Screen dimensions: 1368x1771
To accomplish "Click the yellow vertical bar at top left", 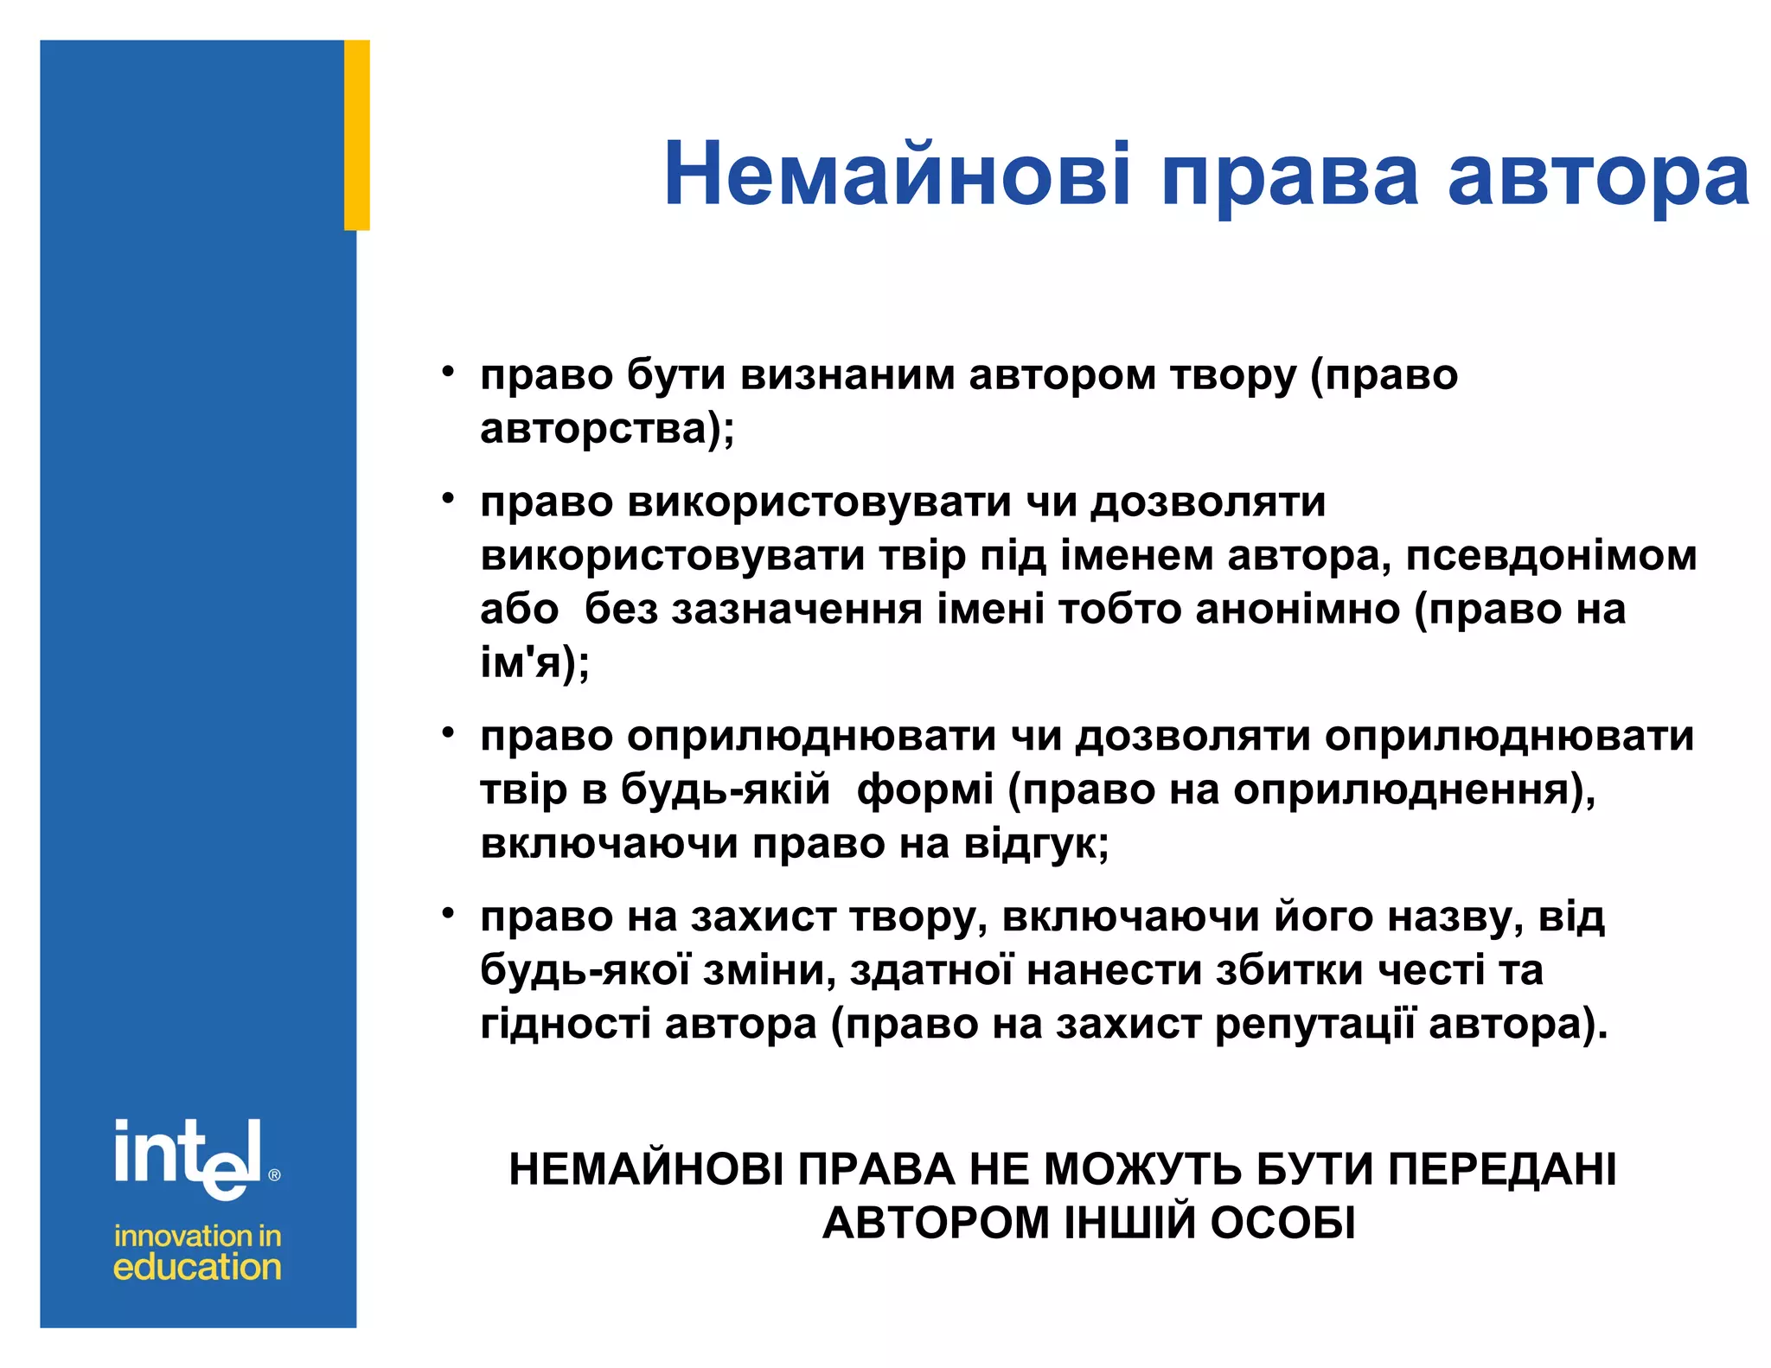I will (x=357, y=135).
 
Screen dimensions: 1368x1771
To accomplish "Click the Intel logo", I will (x=189, y=1159).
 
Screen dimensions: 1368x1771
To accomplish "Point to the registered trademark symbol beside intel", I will (x=275, y=1175).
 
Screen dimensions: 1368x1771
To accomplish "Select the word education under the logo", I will (x=197, y=1268).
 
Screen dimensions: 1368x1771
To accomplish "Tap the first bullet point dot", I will (x=448, y=373).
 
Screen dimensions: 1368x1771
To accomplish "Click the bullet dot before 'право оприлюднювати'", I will (x=448, y=733).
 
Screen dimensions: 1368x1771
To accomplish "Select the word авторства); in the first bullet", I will (x=607, y=429).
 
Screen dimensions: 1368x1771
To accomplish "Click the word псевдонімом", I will (x=1551, y=555).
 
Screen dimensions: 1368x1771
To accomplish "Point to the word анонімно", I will (x=1297, y=609).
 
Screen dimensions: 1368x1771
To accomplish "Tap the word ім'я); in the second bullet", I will (x=534, y=663).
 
